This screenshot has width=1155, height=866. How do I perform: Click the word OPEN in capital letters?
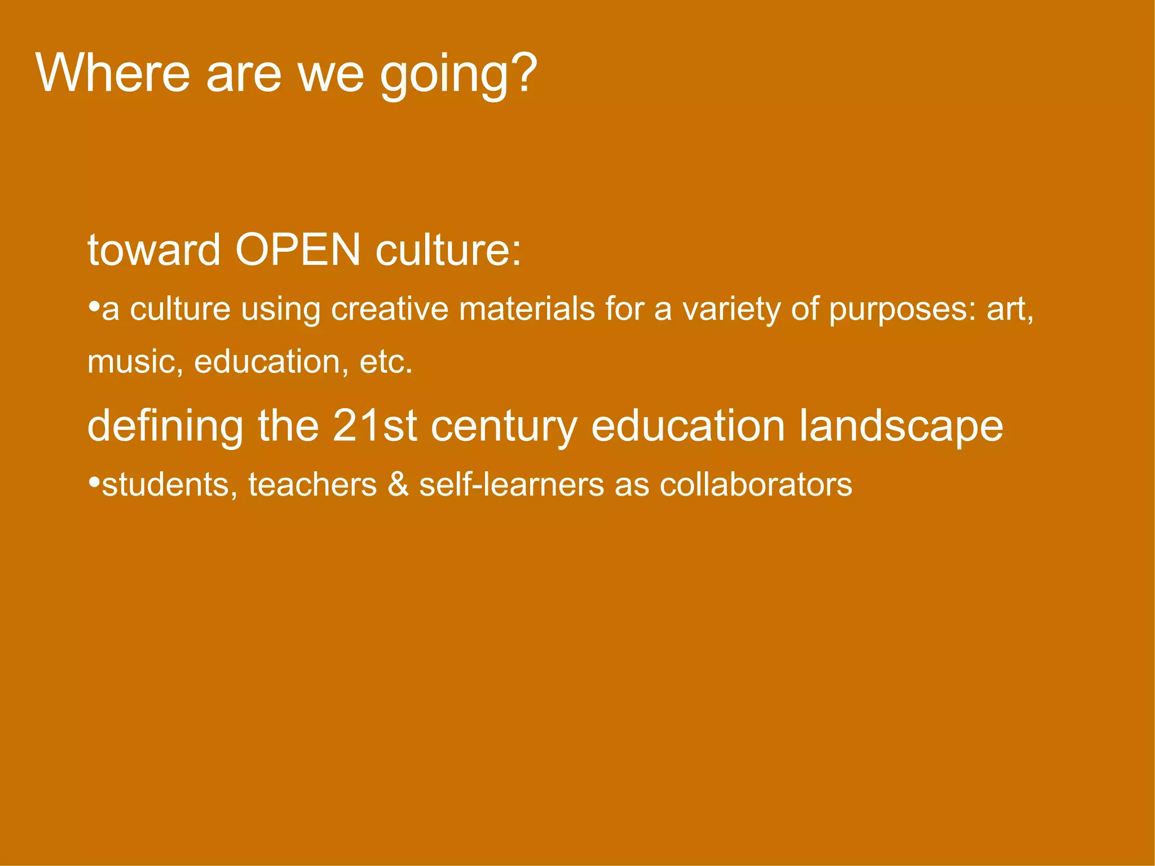click(x=298, y=250)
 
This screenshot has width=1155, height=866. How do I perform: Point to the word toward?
click(x=153, y=250)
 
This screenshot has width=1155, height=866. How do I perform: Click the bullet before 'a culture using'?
click(x=94, y=307)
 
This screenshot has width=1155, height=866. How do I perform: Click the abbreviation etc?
click(x=386, y=361)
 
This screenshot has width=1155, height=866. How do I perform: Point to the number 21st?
click(x=374, y=426)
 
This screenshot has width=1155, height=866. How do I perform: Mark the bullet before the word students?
click(x=94, y=483)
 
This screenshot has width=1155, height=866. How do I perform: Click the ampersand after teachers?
click(x=398, y=484)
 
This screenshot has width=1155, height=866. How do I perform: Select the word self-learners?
click(x=511, y=484)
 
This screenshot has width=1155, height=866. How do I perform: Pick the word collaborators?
click(x=756, y=484)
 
